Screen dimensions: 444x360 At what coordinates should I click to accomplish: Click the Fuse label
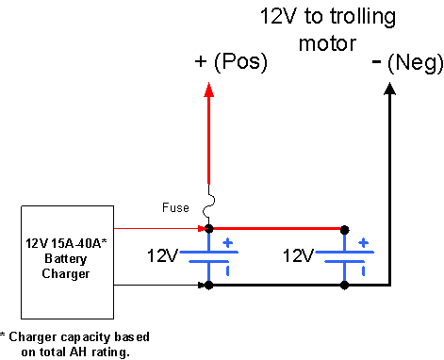(x=175, y=207)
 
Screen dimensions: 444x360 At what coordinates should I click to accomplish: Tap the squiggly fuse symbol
(x=208, y=205)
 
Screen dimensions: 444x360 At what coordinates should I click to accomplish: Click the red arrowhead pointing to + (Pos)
(x=208, y=90)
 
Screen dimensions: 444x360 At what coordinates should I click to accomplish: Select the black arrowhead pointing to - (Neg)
(x=390, y=89)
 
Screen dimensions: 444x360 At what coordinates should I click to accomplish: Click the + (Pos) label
(x=231, y=61)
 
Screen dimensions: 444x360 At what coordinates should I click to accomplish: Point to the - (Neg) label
(x=407, y=63)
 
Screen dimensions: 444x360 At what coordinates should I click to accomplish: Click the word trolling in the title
(x=363, y=17)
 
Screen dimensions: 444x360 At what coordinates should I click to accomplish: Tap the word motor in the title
(x=327, y=43)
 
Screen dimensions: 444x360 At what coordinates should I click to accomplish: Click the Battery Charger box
(x=67, y=262)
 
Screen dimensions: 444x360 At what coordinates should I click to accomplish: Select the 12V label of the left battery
(x=162, y=255)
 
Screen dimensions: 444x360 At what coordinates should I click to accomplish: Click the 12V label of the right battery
(x=298, y=255)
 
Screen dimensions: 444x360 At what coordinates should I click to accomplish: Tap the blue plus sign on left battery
(x=228, y=243)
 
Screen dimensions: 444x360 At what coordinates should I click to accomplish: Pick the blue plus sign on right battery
(x=364, y=243)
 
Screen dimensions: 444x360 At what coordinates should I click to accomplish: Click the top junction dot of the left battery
(x=208, y=229)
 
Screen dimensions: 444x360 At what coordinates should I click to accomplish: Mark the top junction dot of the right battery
(x=344, y=230)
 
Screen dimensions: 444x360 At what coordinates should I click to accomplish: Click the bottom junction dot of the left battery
(x=208, y=286)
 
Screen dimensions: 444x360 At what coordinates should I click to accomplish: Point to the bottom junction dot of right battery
(x=344, y=286)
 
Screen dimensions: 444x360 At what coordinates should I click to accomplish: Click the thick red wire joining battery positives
(x=276, y=229)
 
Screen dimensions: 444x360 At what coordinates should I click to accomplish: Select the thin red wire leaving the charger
(x=159, y=228)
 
